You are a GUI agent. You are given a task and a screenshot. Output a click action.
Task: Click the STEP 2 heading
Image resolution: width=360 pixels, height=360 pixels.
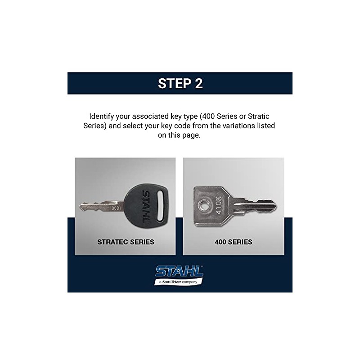pyautogui.click(x=180, y=83)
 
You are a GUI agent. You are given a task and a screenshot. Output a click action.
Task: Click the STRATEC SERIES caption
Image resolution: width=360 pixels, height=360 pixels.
pyautogui.click(x=126, y=242)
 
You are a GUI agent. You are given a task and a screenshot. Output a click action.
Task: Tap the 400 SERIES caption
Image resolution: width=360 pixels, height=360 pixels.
pyautogui.click(x=233, y=242)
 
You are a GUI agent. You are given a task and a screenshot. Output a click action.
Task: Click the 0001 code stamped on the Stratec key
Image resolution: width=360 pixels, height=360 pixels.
pyautogui.click(x=116, y=208)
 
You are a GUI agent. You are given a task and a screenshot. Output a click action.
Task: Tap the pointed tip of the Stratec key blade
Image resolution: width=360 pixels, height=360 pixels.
pyautogui.click(x=81, y=207)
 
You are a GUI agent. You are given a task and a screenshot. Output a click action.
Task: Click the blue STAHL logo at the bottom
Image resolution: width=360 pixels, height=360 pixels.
pyautogui.click(x=179, y=272)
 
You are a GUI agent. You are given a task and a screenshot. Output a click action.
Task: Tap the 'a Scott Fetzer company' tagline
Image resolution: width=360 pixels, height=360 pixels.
pyautogui.click(x=179, y=282)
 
